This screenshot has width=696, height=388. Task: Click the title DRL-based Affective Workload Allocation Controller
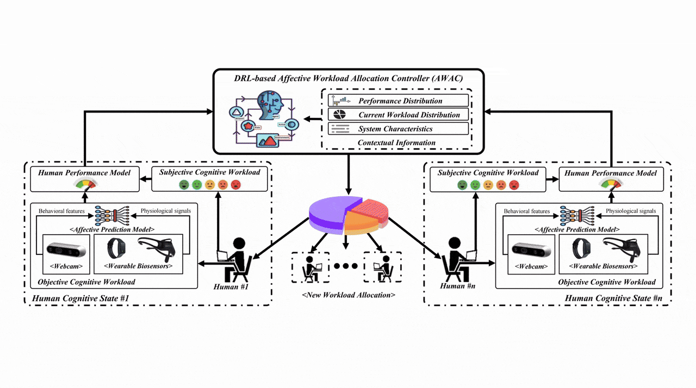point(347,78)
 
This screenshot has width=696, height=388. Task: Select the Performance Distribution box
point(398,101)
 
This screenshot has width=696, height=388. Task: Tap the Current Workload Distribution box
point(398,115)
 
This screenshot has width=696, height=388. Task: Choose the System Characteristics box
point(398,129)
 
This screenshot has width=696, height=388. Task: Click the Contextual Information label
point(396,142)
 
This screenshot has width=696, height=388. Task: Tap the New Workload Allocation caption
point(349,295)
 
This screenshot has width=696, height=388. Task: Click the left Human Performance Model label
point(84,173)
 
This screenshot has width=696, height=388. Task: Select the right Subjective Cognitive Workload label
point(488,173)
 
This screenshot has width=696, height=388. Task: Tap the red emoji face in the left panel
point(235,185)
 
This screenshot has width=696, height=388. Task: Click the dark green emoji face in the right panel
point(463,185)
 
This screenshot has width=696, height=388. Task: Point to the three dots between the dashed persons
point(346,267)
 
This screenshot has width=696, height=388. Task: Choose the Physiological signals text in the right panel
point(631,211)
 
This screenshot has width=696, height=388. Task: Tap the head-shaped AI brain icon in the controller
point(266,106)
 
